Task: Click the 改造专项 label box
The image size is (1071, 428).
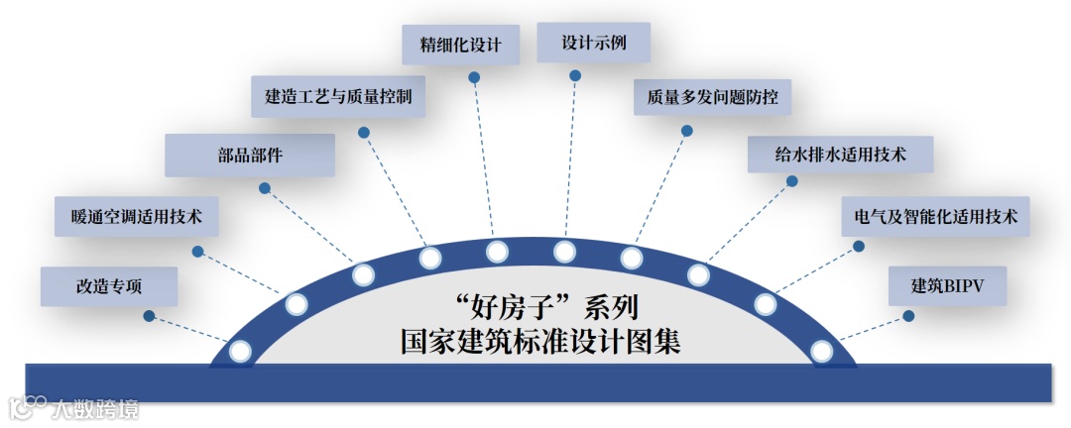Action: click(x=109, y=286)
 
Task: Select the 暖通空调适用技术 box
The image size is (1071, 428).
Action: click(x=136, y=216)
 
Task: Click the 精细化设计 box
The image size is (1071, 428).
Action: click(x=460, y=46)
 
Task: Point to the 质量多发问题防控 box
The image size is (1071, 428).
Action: click(x=712, y=98)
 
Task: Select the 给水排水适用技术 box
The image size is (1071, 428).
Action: click(x=840, y=155)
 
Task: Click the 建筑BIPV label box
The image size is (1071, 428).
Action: click(x=946, y=285)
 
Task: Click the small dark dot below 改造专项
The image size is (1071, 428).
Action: click(x=149, y=316)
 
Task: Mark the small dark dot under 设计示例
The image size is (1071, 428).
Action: click(x=576, y=74)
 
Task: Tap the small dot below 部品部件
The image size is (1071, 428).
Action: click(x=265, y=187)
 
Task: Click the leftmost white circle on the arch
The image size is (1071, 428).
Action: click(x=240, y=351)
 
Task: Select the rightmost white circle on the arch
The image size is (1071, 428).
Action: click(x=821, y=351)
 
